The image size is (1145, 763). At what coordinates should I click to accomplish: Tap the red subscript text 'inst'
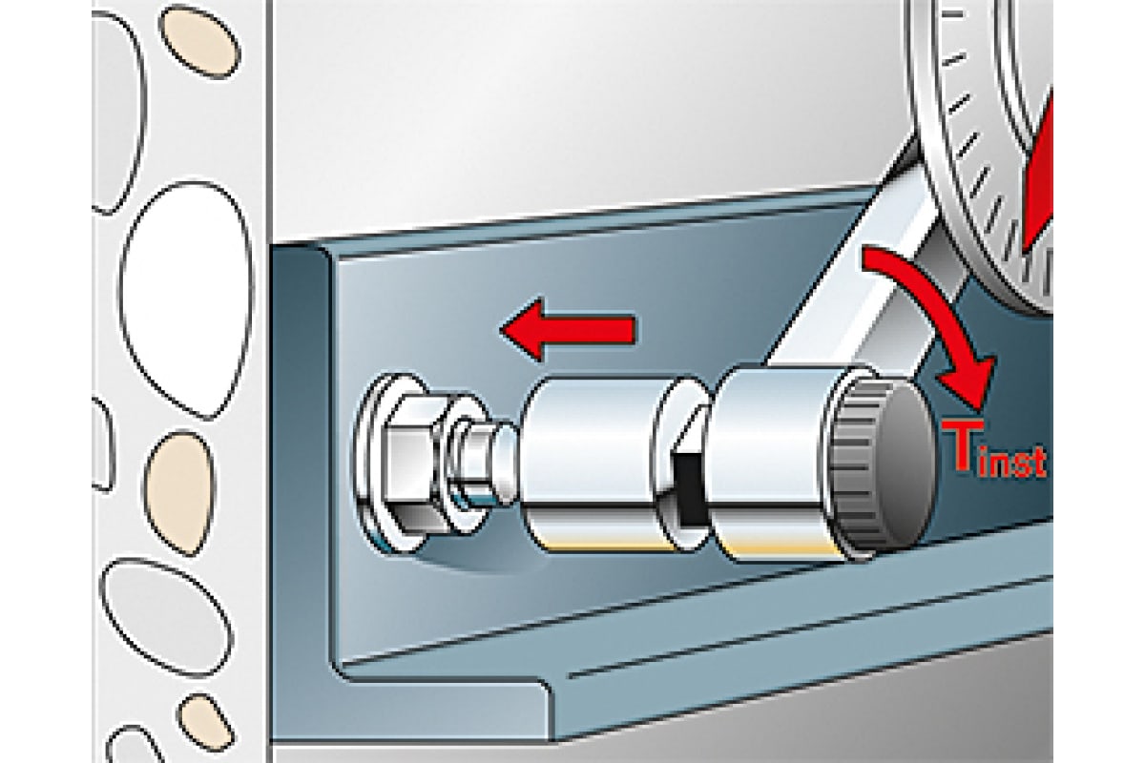coord(1011,464)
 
